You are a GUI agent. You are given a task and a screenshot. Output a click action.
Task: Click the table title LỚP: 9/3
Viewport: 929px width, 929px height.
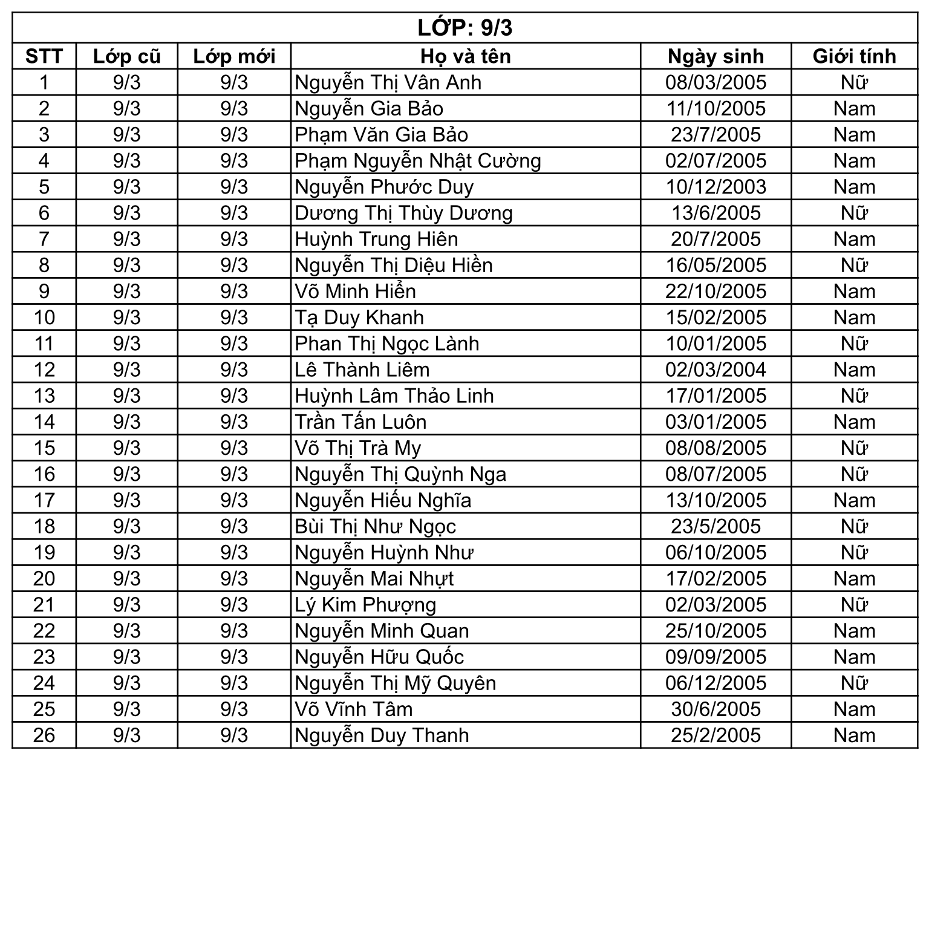click(x=464, y=28)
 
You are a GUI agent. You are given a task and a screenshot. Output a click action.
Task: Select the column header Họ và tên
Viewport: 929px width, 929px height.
click(x=465, y=56)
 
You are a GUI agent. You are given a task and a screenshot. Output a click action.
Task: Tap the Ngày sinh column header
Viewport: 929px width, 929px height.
click(x=715, y=56)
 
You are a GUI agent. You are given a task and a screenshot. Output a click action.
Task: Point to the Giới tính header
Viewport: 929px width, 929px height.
click(x=854, y=56)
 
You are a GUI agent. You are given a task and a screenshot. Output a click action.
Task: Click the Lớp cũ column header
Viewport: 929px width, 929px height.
click(x=126, y=56)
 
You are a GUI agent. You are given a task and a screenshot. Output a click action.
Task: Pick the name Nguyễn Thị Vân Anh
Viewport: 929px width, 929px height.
click(x=388, y=82)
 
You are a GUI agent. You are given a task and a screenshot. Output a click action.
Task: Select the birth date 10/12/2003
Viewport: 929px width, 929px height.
click(x=715, y=187)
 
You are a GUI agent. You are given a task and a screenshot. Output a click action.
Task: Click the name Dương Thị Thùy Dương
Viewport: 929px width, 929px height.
click(x=403, y=213)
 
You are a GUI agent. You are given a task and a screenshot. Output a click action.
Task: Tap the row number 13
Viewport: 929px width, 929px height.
click(x=44, y=396)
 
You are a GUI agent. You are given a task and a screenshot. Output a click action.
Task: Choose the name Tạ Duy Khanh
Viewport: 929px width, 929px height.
click(x=359, y=318)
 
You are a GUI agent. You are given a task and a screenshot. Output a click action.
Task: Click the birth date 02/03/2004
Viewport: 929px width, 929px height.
click(x=715, y=370)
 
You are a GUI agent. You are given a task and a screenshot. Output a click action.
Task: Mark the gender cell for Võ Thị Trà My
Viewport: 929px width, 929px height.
click(x=854, y=448)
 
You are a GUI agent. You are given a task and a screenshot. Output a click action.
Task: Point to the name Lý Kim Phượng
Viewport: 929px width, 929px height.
click(x=365, y=605)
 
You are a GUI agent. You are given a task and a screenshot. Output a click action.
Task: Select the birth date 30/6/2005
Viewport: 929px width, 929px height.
click(x=715, y=709)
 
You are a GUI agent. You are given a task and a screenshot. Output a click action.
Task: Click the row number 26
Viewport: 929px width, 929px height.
click(x=44, y=735)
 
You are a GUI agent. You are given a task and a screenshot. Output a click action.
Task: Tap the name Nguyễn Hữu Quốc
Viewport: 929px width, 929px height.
click(x=379, y=657)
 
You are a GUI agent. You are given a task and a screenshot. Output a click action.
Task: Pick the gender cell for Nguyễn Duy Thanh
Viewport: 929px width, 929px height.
click(x=854, y=735)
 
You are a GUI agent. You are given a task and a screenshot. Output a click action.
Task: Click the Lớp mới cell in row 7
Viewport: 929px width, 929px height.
click(x=234, y=239)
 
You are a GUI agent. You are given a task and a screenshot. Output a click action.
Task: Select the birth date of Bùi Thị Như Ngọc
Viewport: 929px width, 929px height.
click(x=715, y=526)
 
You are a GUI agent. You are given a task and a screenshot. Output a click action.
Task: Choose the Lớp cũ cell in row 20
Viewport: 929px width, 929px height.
click(x=126, y=579)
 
